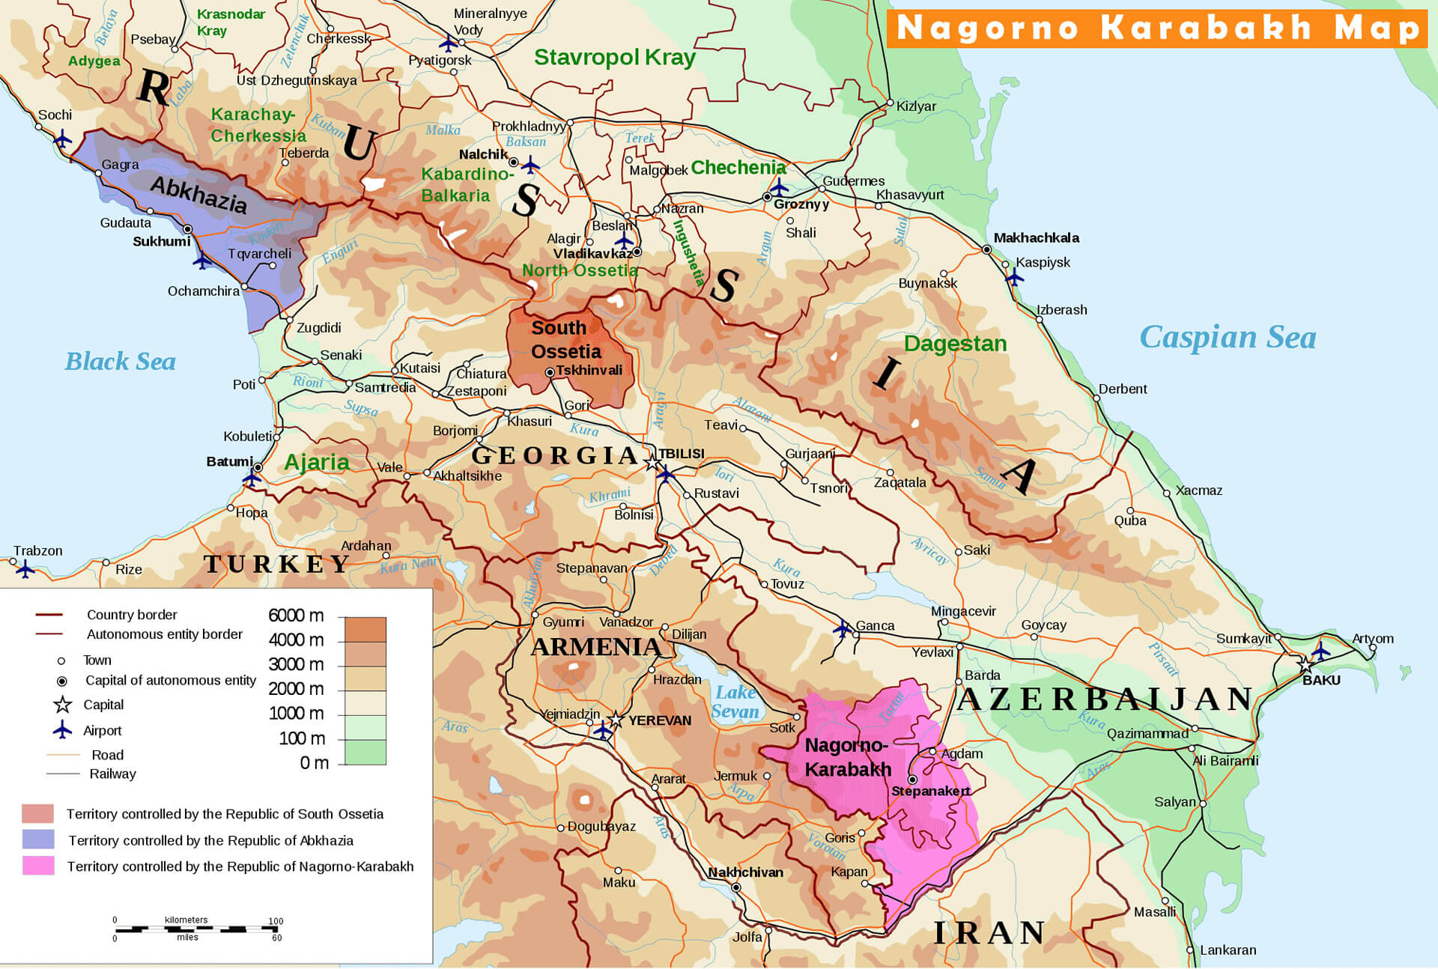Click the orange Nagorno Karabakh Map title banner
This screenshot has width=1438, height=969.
coord(1157,28)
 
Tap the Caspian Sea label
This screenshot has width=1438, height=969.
coord(1227,338)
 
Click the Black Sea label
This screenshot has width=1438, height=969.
coord(120,362)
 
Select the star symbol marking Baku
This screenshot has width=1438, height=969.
coord(1305,665)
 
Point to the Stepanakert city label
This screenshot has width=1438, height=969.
coord(930,792)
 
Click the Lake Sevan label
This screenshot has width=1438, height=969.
coord(735,702)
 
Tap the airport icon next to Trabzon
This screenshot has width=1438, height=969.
coord(25,569)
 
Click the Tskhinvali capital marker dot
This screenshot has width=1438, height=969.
coord(550,372)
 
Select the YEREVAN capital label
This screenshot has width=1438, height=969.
coord(660,720)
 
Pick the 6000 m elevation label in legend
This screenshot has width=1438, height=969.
coord(296,616)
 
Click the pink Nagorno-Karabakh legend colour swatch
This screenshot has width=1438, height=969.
coord(38,866)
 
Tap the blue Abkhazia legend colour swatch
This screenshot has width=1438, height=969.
coord(38,839)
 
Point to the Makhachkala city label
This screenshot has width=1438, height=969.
coord(1036,238)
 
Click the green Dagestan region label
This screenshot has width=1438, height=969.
coord(955,344)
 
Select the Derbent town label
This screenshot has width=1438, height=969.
coord(1122,389)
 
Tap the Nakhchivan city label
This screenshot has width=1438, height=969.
coord(745,872)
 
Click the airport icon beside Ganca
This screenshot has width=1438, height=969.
coord(843,628)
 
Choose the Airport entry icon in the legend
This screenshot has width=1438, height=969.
coord(62,729)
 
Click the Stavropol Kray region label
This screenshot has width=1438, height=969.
coord(614,58)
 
